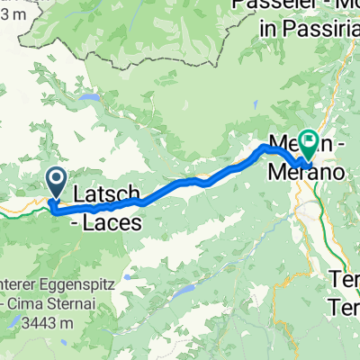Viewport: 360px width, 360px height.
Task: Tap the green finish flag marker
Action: tap(310, 141)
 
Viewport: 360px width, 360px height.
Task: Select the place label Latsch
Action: tap(105, 193)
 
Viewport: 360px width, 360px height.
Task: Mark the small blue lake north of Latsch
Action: tap(90, 97)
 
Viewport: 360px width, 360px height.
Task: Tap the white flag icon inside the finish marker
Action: tap(310, 139)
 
